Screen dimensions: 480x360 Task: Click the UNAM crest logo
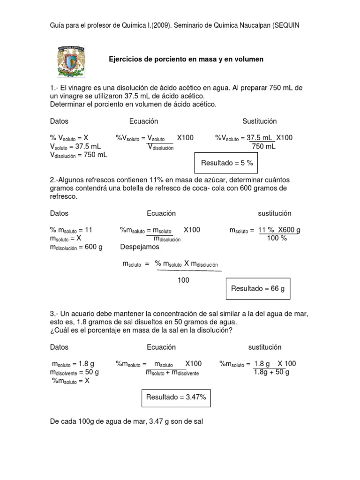(71, 61)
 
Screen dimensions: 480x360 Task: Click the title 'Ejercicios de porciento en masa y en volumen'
(186, 60)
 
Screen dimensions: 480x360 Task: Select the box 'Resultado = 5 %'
(227, 163)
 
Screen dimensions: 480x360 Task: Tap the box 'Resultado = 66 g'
(258, 288)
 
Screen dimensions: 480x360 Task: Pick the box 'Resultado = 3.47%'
(176, 397)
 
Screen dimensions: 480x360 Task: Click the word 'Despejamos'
(140, 247)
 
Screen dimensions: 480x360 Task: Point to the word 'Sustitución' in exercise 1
(260, 121)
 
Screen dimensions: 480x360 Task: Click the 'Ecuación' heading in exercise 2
(161, 213)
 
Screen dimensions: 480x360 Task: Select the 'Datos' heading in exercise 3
(59, 347)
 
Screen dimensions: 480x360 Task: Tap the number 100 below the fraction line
(183, 280)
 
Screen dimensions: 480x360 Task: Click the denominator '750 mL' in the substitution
(263, 146)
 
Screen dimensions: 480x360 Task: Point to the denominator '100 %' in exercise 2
(277, 238)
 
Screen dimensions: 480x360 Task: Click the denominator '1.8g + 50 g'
(271, 372)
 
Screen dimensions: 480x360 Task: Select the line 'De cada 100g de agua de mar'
(126, 421)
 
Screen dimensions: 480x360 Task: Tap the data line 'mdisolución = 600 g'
(76, 247)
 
